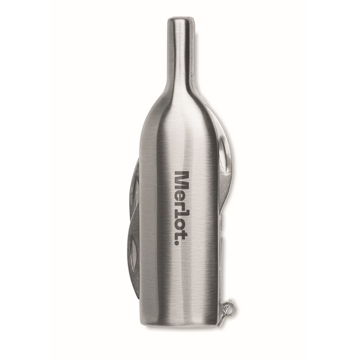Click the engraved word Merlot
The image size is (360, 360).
182,207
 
